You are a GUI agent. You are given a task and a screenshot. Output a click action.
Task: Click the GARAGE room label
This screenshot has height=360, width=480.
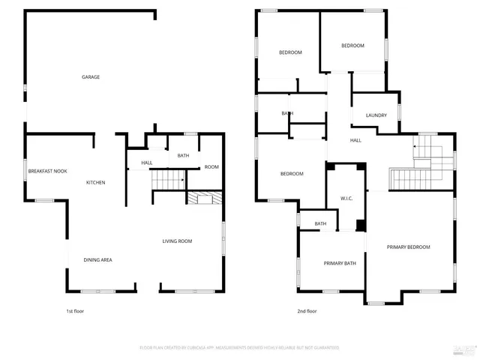[91, 77]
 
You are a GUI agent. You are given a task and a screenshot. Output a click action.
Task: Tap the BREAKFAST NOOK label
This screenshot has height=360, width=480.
[48, 171]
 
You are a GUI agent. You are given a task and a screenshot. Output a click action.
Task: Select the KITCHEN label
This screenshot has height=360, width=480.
[95, 183]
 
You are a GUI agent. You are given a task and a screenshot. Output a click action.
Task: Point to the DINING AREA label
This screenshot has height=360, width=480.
[97, 259]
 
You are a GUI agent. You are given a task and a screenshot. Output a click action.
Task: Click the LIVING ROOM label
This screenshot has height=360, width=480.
[178, 241]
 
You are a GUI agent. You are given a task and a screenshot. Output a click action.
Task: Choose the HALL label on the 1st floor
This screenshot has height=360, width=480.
[147, 163]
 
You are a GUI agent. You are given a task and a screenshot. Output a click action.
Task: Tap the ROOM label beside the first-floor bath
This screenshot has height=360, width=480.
[211, 166]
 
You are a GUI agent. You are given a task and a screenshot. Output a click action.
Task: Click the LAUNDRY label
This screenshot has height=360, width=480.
[376, 115]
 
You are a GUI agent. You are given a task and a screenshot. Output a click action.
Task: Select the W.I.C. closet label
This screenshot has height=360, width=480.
[346, 199]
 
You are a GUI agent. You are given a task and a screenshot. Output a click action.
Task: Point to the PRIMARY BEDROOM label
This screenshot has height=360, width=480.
[409, 247]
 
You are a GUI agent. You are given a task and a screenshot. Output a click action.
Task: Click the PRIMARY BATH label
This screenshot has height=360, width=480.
[338, 263]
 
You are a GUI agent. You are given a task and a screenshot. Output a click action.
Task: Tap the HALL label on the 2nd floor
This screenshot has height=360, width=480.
[355, 140]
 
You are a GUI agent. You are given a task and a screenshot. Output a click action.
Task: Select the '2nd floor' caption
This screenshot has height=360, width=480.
[307, 311]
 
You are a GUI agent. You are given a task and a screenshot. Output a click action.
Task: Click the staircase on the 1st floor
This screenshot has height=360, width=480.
[169, 180]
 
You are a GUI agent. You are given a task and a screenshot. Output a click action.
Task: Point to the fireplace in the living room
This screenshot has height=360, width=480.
[203, 198]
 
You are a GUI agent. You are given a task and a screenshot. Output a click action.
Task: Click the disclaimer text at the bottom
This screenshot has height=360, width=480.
[239, 348]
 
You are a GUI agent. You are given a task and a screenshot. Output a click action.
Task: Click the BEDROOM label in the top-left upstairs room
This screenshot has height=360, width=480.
[290, 52]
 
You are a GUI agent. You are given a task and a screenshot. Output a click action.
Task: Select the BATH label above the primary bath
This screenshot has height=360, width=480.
[320, 223]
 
